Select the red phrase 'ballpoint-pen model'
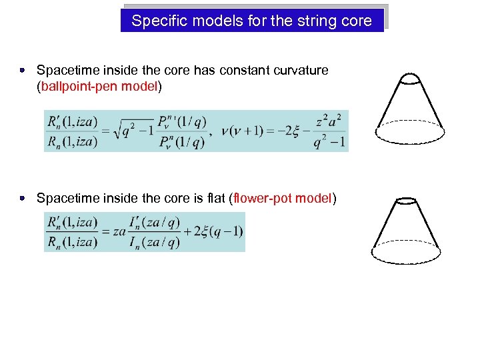click(x=99, y=87)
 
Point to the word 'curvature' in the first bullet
click(x=297, y=70)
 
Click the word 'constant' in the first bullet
click(x=238, y=70)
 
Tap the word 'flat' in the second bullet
click(x=214, y=198)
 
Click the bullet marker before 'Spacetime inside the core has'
click(x=22, y=69)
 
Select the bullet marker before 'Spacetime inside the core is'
click(x=22, y=198)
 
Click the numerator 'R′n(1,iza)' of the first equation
click(x=73, y=121)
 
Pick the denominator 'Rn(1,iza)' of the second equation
click(x=73, y=241)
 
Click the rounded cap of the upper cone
click(x=409, y=79)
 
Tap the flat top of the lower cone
click(x=405, y=200)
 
